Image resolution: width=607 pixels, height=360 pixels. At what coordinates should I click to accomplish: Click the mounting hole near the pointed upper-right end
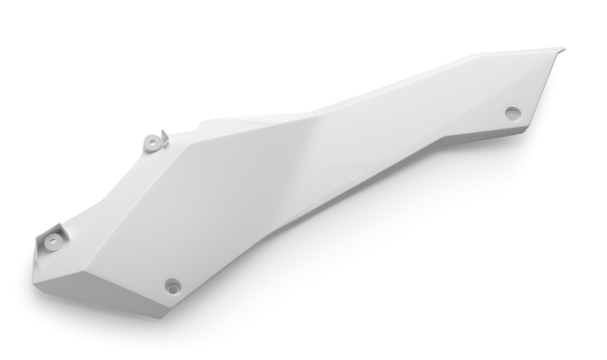(512, 111)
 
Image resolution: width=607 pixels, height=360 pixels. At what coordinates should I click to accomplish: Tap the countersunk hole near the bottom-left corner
(172, 284)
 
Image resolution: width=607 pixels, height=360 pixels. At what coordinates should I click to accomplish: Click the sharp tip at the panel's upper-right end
(563, 48)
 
